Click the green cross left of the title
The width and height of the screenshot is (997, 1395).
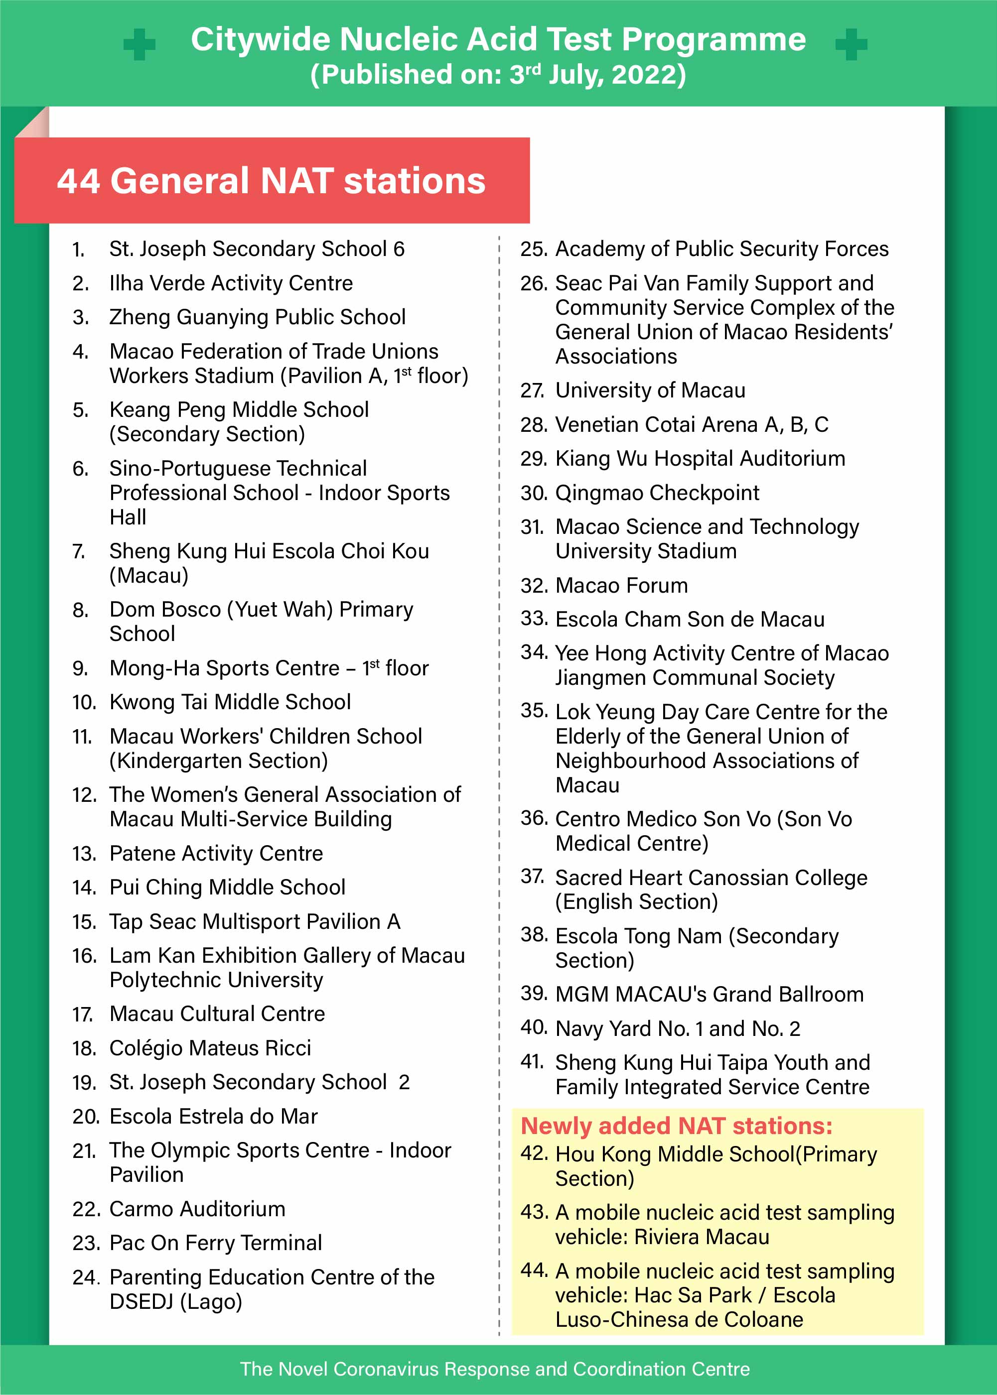point(140,44)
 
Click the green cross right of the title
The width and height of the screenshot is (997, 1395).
point(851,44)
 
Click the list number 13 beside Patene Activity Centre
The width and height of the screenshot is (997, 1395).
point(84,854)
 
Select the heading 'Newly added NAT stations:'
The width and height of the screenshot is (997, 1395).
point(676,1126)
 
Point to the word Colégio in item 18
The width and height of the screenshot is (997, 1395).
point(145,1048)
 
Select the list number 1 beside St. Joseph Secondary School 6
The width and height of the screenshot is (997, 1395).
point(78,250)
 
